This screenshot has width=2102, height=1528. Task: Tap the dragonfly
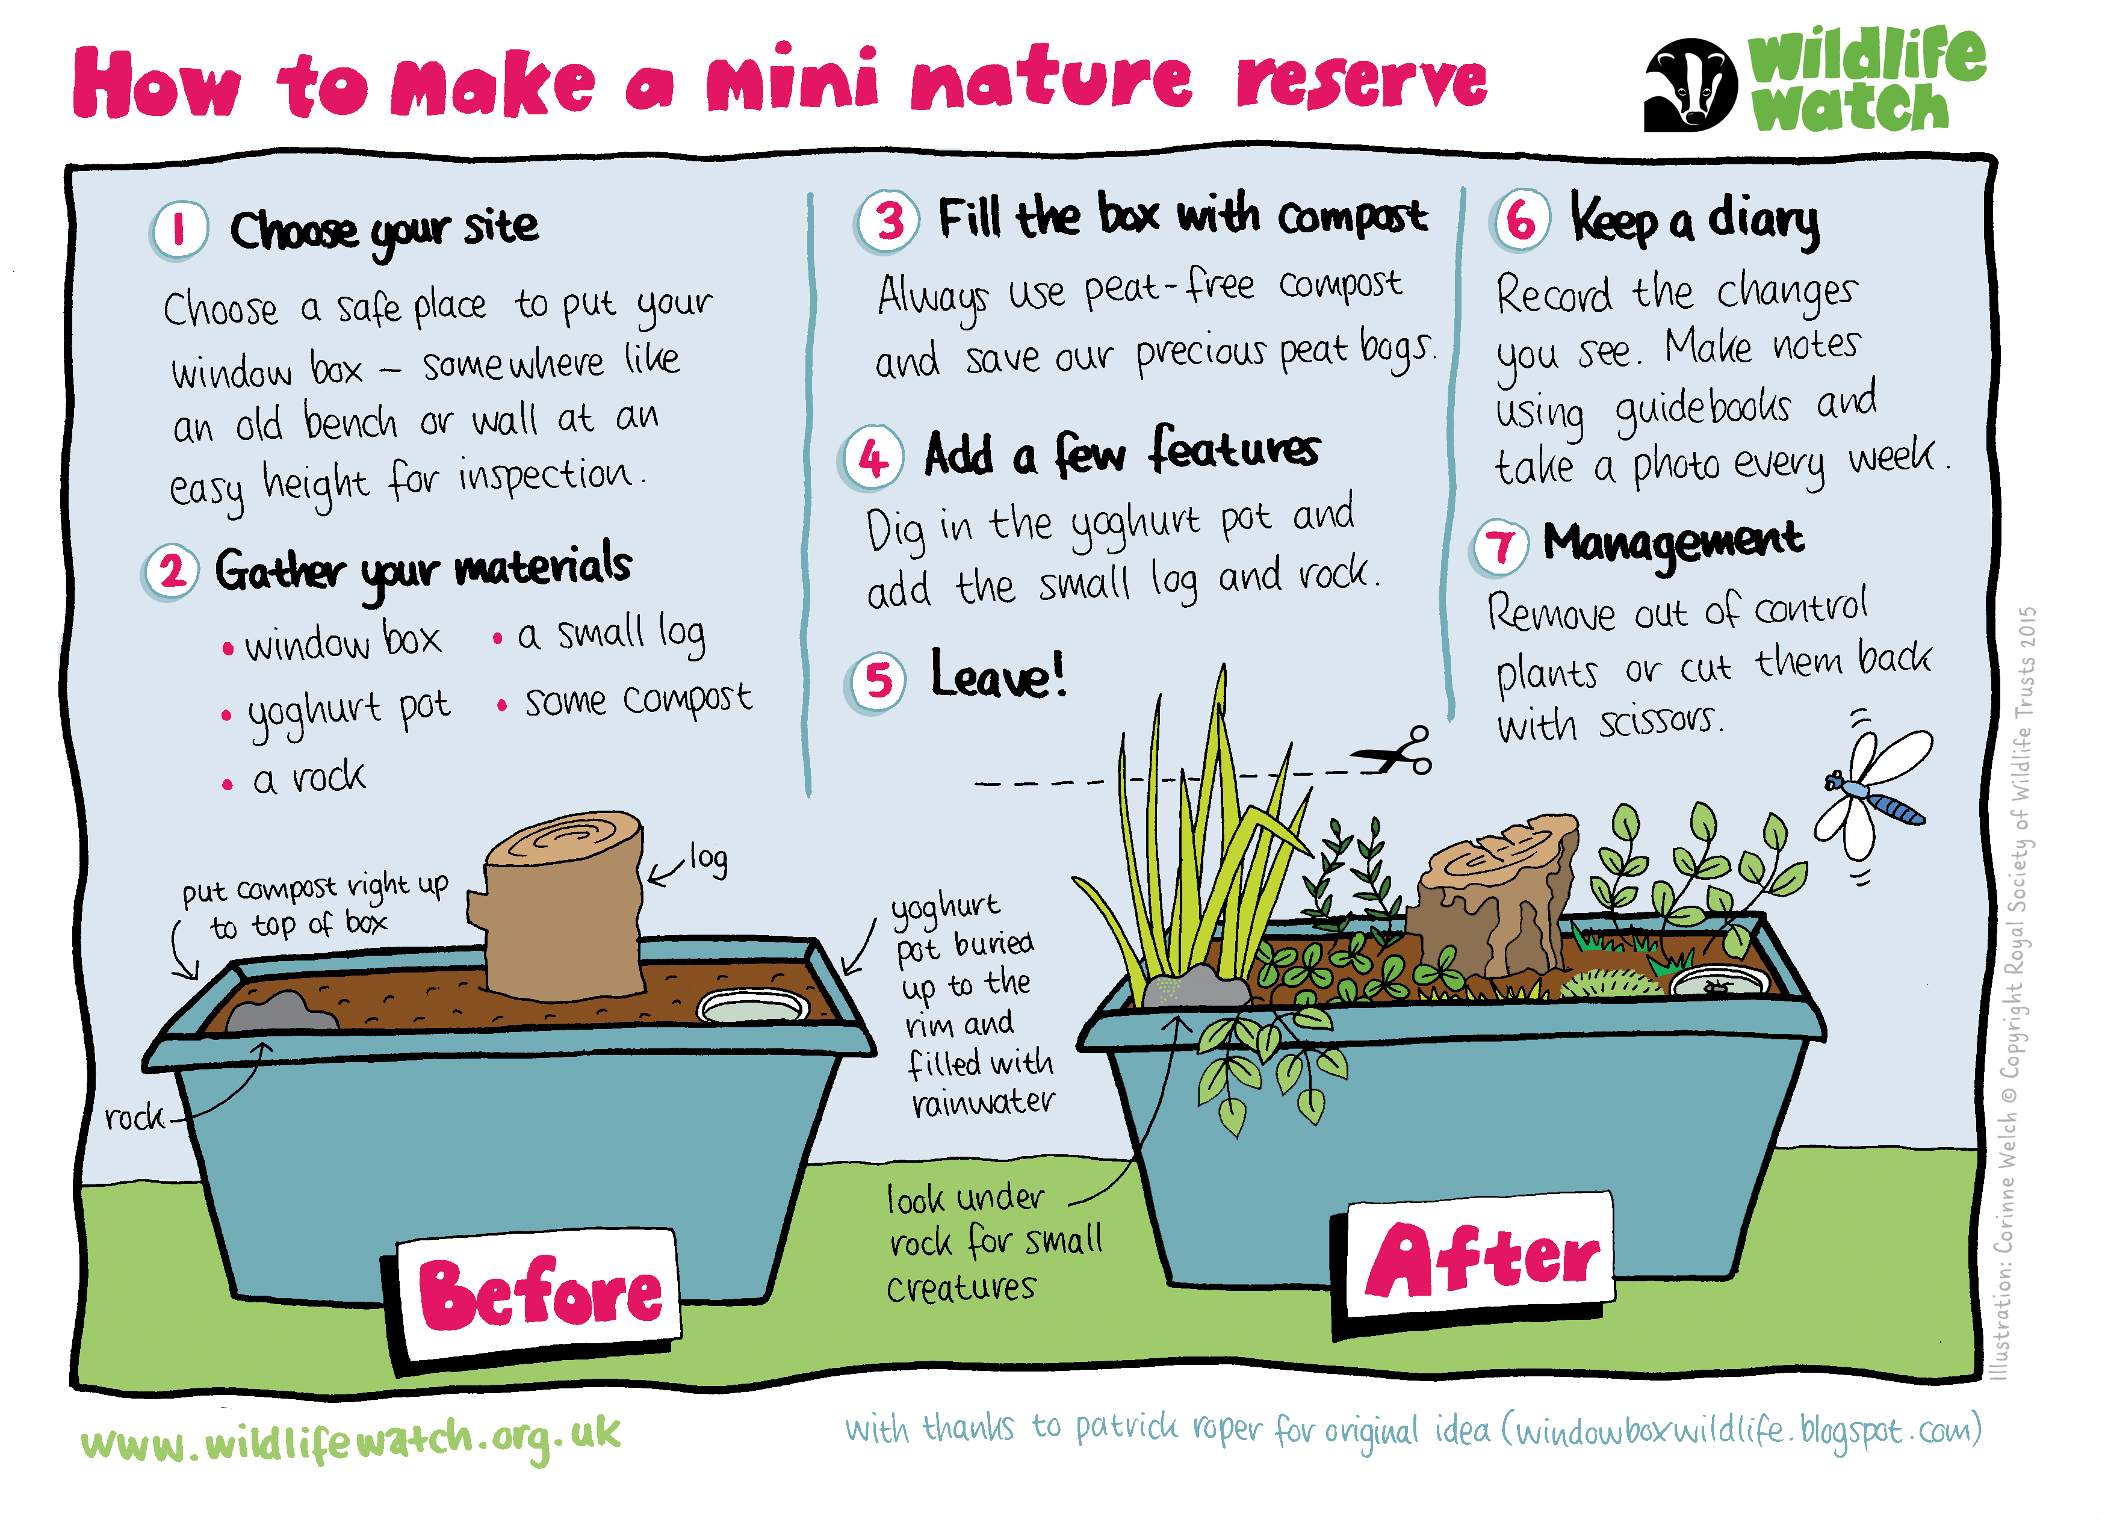[x=1872, y=795]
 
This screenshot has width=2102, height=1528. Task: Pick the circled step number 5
[x=876, y=681]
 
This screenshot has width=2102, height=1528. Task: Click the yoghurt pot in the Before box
[x=752, y=1006]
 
